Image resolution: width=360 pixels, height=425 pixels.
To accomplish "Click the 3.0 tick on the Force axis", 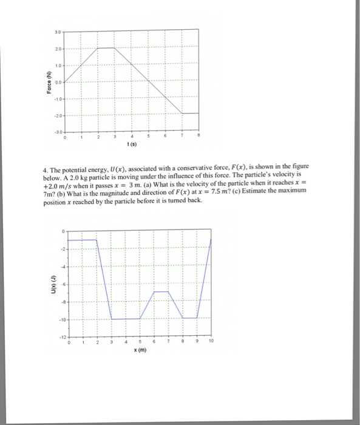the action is [x=56, y=30].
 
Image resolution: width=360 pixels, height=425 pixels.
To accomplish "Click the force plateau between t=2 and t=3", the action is [x=107, y=47].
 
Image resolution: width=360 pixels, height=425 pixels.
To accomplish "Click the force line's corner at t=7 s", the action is [x=182, y=113].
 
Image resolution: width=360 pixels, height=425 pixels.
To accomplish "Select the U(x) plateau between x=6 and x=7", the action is [x=161, y=292].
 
